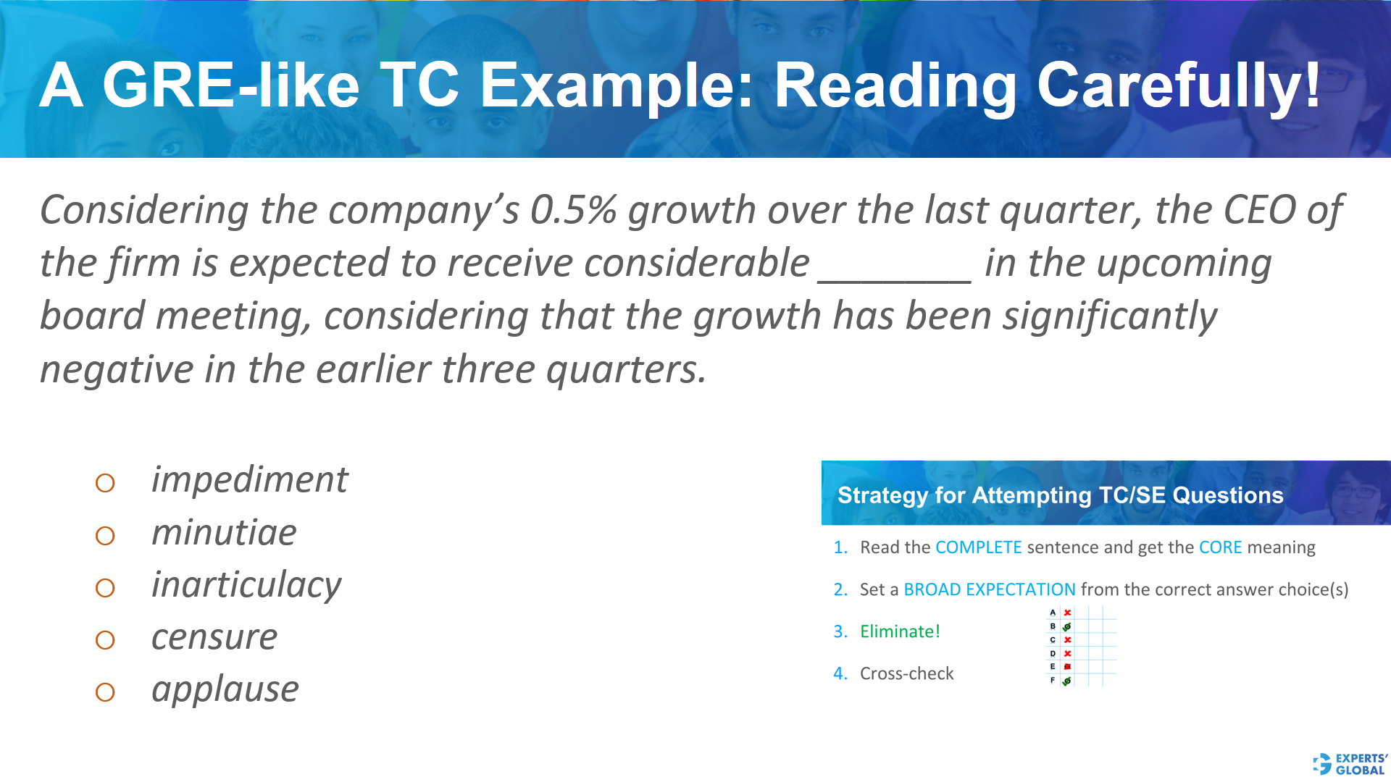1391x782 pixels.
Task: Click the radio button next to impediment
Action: [x=105, y=483]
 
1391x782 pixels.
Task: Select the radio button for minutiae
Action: [x=105, y=536]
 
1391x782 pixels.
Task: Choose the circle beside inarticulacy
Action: [x=105, y=588]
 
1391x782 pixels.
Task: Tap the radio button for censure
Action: [x=105, y=640]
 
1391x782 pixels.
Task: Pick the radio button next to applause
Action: [x=105, y=692]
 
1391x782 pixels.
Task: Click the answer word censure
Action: [x=214, y=637]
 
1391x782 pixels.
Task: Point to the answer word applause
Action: [x=225, y=689]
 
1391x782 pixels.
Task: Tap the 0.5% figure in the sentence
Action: [x=573, y=210]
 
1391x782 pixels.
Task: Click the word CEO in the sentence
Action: [x=1259, y=210]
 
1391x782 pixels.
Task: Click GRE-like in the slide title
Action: [x=231, y=85]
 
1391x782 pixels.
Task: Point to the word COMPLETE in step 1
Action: [x=978, y=547]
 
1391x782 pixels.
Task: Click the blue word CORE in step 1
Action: [x=1220, y=547]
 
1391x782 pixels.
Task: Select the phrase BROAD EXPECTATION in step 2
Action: [x=989, y=589]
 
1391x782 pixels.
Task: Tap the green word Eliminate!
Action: [x=900, y=631]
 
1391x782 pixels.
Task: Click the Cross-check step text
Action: [x=906, y=673]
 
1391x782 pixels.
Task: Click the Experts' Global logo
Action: [x=1350, y=764]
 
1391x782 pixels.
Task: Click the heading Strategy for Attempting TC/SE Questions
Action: [x=1060, y=495]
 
